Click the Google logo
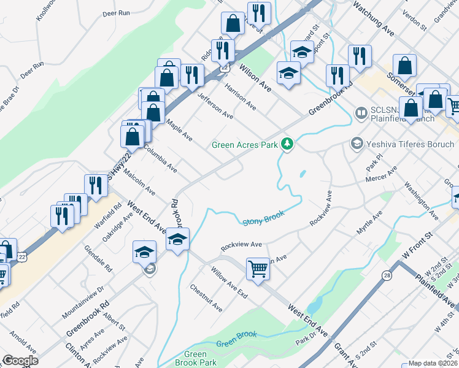[20, 361]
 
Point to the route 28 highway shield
[387, 277]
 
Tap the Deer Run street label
[117, 12]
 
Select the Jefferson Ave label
[215, 105]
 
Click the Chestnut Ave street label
[206, 297]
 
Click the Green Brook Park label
[195, 358]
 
